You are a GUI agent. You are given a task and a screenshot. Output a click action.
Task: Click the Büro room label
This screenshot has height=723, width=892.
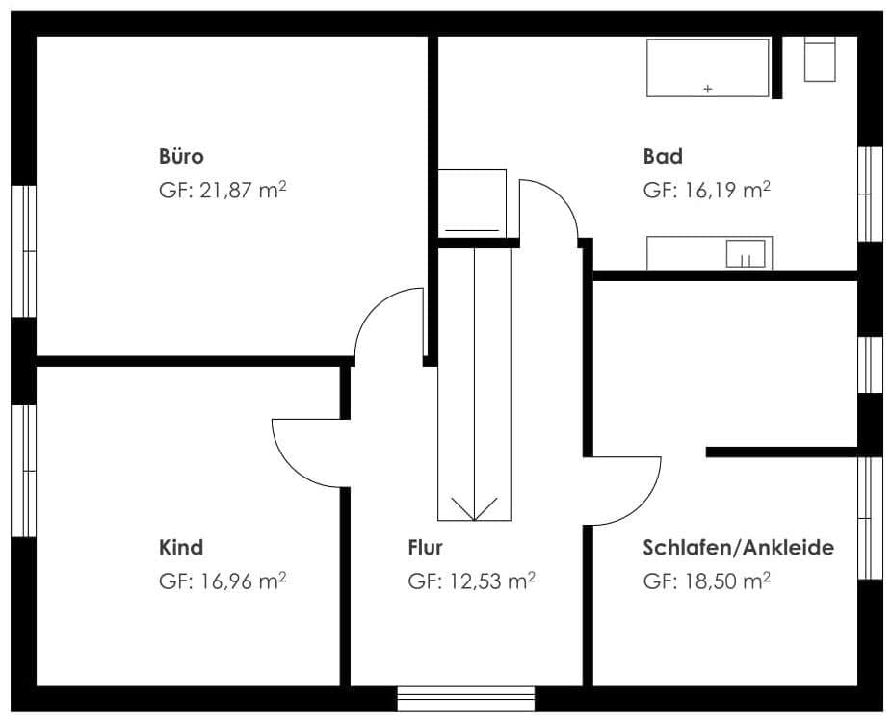point(181,156)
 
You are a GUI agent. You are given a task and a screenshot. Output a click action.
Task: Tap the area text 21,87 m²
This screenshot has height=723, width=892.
point(243,190)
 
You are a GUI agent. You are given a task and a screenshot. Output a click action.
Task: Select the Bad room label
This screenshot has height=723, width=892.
point(663,156)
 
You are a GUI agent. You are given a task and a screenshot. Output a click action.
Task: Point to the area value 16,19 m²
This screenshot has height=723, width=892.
point(727,190)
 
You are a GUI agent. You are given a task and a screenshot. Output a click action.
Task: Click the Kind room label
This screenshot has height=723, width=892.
point(181,548)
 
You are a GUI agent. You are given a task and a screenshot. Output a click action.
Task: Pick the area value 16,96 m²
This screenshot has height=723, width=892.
point(243,581)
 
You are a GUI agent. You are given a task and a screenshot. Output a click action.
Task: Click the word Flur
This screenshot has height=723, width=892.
point(425,548)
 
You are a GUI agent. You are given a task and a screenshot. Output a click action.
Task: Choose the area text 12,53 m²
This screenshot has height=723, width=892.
point(492,581)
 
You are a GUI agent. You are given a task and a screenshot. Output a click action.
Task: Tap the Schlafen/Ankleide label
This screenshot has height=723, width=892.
point(739,548)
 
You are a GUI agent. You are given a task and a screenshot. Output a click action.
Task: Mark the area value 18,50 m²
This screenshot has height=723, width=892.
point(727,581)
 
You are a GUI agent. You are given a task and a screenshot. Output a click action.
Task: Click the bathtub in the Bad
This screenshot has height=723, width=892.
point(708,67)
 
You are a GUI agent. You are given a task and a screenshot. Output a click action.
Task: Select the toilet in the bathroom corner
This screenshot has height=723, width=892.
point(820,59)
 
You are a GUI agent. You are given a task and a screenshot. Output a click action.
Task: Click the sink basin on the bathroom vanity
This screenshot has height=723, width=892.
point(746,253)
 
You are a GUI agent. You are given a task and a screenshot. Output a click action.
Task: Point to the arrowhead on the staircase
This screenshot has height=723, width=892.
point(474,508)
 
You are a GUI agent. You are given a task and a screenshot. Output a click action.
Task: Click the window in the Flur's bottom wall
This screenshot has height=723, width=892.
point(466,699)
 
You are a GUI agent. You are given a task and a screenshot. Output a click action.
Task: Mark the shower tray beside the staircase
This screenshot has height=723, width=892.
point(472,203)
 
